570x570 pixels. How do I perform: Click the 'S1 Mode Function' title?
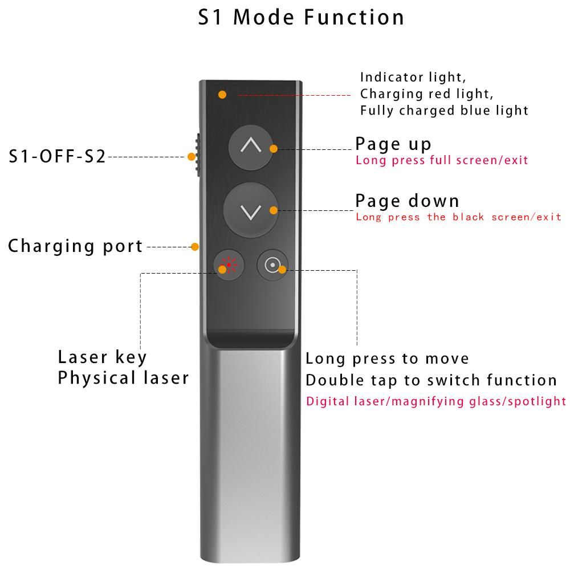[301, 17]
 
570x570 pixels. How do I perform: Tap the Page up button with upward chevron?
[250, 146]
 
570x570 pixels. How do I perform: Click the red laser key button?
[229, 265]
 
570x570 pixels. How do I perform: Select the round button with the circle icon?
[272, 265]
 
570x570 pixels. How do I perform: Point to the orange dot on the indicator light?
[222, 94]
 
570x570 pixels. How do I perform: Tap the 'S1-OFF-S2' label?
[57, 156]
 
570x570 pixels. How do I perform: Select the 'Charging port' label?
[75, 246]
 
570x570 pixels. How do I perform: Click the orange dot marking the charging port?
[195, 247]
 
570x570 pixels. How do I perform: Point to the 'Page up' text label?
[393, 144]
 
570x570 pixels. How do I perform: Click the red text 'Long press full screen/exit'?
[442, 160]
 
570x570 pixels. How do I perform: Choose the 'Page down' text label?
[407, 201]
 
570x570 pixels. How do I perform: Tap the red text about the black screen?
[458, 217]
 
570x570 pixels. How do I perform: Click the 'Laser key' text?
[103, 357]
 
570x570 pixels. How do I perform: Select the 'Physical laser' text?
[123, 378]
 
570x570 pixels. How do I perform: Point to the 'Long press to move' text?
[387, 359]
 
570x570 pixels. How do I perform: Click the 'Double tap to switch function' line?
[431, 380]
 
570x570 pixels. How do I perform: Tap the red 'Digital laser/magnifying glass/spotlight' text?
[436, 401]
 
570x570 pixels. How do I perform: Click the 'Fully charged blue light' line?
[444, 110]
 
